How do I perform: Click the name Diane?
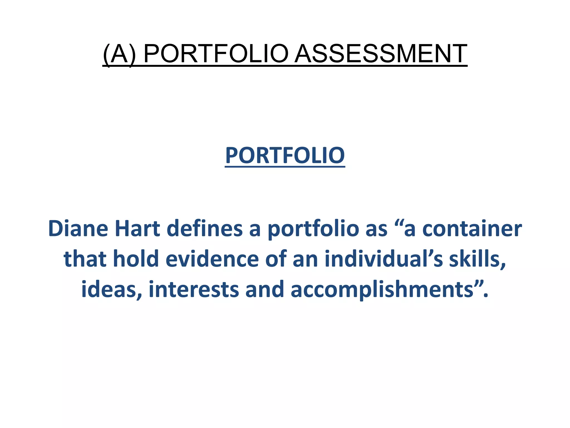point(78,228)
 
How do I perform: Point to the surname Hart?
point(137,228)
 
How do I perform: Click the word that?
point(85,259)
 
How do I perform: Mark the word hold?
point(136,259)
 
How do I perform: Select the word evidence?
point(212,259)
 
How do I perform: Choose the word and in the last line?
point(265,289)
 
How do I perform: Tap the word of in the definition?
point(276,259)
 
